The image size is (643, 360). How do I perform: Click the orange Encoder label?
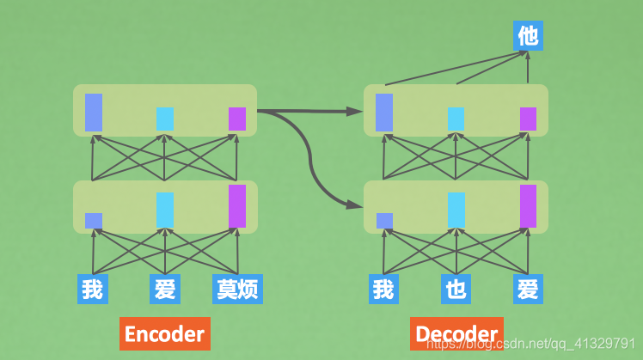[164, 333]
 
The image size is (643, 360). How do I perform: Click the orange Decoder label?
[456, 333]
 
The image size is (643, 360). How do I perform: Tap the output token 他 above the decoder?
[528, 35]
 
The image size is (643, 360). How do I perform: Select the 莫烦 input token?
[237, 289]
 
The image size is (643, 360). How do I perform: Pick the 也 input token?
[456, 289]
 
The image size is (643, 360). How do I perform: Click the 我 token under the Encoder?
[92, 289]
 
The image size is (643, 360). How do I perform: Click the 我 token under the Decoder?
[383, 289]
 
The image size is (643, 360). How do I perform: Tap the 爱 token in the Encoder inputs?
[164, 289]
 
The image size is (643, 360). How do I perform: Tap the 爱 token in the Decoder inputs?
[528, 289]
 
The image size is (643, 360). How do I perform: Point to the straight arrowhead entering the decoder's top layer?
[356, 111]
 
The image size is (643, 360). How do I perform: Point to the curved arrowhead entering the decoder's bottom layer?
[354, 204]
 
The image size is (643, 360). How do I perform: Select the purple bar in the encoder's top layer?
[237, 119]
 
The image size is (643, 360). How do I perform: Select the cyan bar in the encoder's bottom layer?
[165, 211]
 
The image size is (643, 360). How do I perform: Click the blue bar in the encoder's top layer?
[94, 112]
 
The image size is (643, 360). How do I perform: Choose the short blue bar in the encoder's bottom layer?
[94, 221]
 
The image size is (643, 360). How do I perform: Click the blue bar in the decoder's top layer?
[384, 112]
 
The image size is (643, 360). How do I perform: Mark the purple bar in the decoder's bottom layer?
[528, 206]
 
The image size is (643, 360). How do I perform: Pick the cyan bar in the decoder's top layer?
[456, 119]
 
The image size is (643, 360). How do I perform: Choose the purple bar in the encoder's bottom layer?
[237, 206]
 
